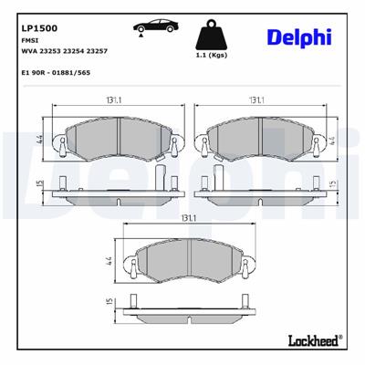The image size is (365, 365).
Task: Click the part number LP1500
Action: (x=36, y=28)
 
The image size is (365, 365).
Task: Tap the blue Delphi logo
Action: (x=299, y=36)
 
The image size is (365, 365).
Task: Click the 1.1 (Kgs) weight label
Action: (x=212, y=57)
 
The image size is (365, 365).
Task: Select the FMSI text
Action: (x=29, y=42)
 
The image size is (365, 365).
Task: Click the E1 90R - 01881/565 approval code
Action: (x=58, y=71)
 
